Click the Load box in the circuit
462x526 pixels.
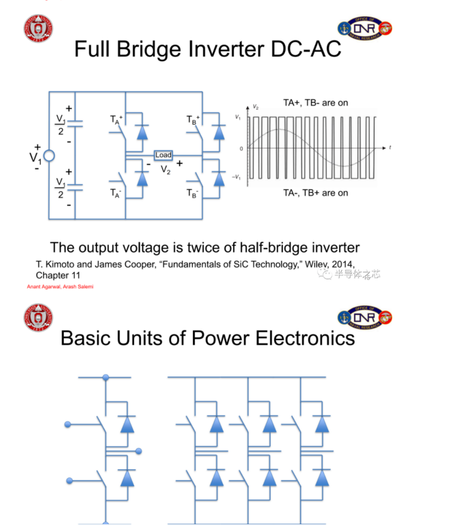163,155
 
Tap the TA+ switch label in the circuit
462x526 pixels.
116,120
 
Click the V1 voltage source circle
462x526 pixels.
49,156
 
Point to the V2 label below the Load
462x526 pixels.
166,169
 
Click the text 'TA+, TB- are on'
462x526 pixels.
315,102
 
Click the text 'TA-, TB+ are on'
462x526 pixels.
315,193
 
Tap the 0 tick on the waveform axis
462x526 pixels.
241,148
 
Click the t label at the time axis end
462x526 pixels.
390,148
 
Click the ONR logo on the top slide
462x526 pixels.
364,28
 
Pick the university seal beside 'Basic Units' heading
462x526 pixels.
38,318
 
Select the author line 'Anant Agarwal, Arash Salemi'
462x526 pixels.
60,287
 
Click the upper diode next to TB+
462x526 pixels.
219,132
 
